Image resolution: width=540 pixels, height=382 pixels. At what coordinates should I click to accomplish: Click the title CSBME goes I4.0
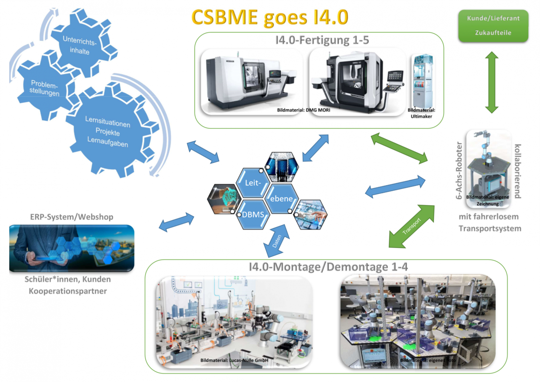pyautogui.click(x=270, y=17)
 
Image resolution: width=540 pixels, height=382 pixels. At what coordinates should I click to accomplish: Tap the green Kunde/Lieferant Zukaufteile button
pyautogui.click(x=493, y=26)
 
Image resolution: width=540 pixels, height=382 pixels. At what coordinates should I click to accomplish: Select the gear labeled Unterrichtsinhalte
pyautogui.click(x=80, y=45)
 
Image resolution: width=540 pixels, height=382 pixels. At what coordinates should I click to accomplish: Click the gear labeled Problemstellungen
pyautogui.click(x=44, y=88)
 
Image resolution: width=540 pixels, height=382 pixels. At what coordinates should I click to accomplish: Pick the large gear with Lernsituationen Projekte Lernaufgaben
pyautogui.click(x=108, y=132)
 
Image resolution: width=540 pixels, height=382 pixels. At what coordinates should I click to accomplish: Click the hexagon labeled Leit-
pyautogui.click(x=253, y=183)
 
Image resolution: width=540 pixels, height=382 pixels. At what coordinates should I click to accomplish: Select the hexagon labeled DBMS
pyautogui.click(x=253, y=215)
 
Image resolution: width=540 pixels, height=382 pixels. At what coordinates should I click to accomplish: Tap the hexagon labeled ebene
pyautogui.click(x=282, y=199)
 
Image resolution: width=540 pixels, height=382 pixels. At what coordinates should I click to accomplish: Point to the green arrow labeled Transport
pyautogui.click(x=411, y=226)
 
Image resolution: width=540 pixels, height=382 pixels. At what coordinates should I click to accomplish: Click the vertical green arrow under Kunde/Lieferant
pyautogui.click(x=491, y=82)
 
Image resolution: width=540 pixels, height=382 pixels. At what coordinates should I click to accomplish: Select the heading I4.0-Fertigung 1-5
pyautogui.click(x=322, y=40)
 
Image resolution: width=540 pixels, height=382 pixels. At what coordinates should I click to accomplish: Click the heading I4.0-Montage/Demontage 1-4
pyautogui.click(x=328, y=267)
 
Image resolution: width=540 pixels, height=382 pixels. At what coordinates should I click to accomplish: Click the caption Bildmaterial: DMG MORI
pyautogui.click(x=303, y=110)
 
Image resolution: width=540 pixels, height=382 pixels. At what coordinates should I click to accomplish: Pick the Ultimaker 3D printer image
pyautogui.click(x=423, y=81)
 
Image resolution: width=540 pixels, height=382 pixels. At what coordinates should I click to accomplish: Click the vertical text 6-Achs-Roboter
pyautogui.click(x=459, y=170)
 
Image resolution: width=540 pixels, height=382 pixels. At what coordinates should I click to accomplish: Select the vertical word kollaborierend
pyautogui.click(x=518, y=171)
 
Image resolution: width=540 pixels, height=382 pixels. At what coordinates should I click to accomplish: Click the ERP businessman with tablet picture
pyautogui.click(x=72, y=248)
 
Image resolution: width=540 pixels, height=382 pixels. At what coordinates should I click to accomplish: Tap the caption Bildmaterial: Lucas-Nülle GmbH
pyautogui.click(x=234, y=360)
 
